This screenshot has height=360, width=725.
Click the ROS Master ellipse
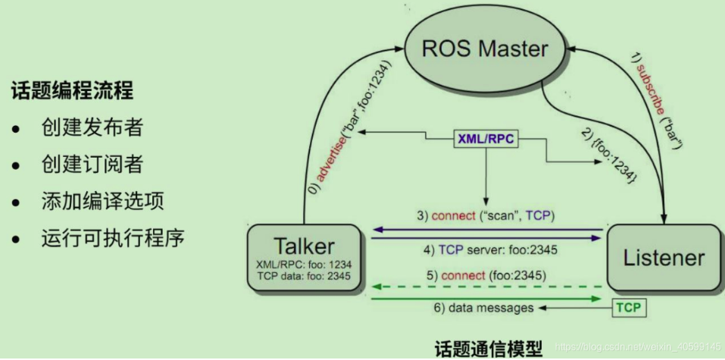485,50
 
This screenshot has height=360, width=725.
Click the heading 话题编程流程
72,92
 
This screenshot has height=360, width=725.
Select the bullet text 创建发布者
92,128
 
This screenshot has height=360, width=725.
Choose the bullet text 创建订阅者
92,164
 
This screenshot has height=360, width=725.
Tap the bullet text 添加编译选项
102,202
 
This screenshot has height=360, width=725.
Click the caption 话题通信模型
488,349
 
